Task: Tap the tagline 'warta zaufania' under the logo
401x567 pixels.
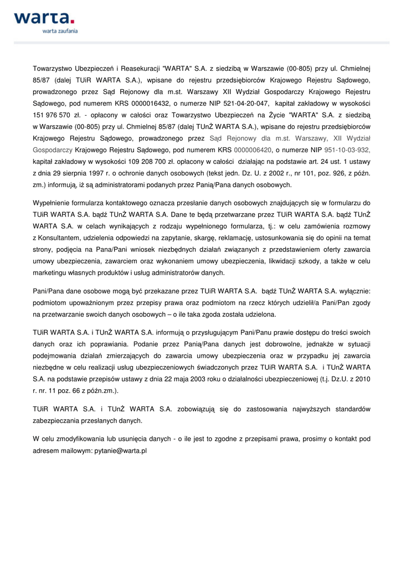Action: [60, 32]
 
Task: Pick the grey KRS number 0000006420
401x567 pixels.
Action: [253, 150]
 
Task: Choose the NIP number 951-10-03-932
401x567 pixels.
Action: [347, 150]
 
